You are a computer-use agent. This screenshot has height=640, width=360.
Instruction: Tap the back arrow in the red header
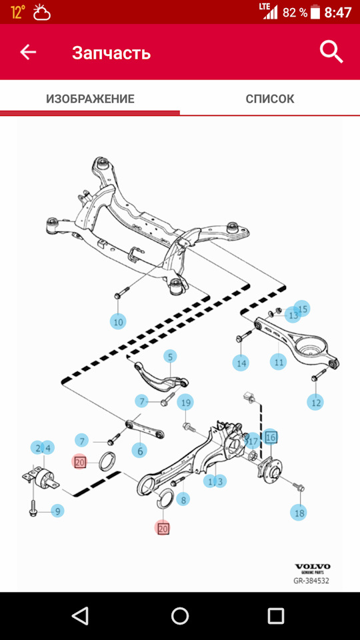[28, 52]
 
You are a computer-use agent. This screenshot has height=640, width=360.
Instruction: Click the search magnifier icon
[331, 52]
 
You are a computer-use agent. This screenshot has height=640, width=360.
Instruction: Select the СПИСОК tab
[270, 99]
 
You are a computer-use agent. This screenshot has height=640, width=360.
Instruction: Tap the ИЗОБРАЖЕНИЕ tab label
[90, 99]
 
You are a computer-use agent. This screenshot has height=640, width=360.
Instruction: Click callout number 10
[118, 321]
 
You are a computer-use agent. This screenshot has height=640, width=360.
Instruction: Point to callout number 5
[170, 357]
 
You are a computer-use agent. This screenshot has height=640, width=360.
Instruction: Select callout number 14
[241, 363]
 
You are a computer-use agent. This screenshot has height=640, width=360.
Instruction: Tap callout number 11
[279, 361]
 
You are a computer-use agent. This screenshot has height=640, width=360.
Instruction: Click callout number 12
[316, 403]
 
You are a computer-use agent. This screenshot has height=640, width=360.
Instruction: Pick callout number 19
[186, 403]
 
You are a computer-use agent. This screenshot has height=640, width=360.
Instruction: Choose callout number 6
[139, 451]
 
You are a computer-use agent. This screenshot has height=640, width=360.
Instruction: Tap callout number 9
[57, 511]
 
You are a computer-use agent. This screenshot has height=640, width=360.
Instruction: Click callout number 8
[183, 499]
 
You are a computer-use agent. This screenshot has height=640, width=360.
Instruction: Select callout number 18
[299, 513]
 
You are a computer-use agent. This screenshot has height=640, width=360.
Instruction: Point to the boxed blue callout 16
[271, 437]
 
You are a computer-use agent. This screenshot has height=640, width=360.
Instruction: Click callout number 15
[303, 309]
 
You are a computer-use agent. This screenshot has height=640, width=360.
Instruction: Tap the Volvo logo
[313, 567]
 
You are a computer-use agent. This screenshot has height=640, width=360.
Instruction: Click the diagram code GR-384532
[311, 581]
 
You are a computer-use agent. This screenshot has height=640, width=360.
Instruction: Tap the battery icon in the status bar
[315, 12]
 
